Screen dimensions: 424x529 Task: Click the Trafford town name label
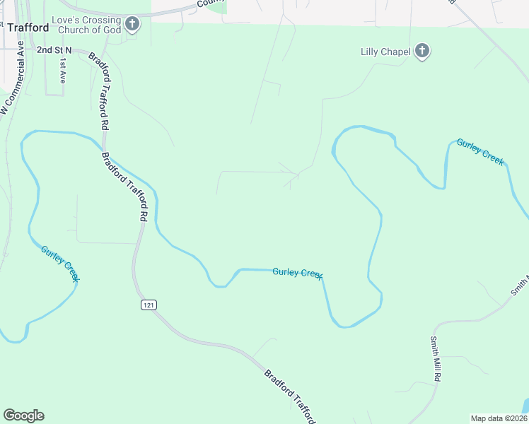tap(28, 28)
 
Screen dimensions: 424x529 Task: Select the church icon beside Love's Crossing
tap(132, 25)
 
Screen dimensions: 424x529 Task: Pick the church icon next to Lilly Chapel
tap(422, 51)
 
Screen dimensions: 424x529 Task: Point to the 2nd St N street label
tap(55, 50)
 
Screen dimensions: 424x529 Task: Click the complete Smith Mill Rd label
tap(435, 358)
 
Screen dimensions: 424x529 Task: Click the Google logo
tap(23, 416)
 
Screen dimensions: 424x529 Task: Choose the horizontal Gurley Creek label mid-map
tap(298, 273)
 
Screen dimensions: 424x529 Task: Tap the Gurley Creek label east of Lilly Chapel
tap(480, 152)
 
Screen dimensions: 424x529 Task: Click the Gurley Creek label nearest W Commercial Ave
tap(59, 263)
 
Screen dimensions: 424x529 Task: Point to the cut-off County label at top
tap(211, 3)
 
